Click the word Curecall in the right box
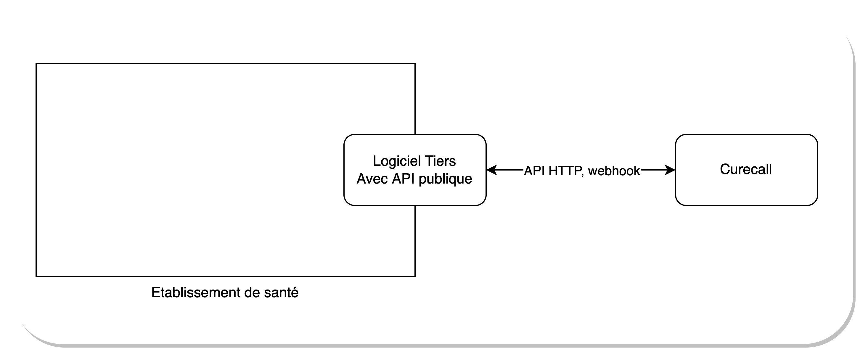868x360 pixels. (746, 169)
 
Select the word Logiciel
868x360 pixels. (390, 161)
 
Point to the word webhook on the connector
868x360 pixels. (614, 171)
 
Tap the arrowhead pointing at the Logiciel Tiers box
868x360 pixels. (491, 170)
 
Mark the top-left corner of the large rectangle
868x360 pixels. (36, 63)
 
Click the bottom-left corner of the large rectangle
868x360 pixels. (36, 277)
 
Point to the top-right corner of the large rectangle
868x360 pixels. (415, 63)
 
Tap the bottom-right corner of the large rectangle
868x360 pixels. (415, 277)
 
